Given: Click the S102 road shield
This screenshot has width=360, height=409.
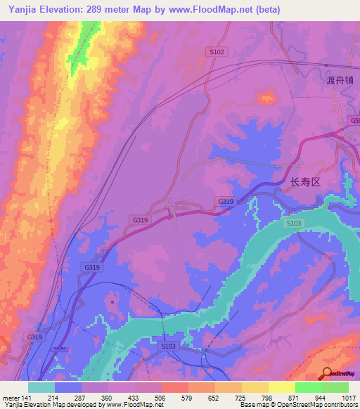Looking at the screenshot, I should point(217,51).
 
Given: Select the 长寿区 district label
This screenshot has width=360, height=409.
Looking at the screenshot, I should point(305,181).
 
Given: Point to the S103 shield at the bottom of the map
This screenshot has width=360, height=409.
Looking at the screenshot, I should point(167,346).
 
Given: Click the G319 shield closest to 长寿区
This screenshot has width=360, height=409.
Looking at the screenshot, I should point(225,202).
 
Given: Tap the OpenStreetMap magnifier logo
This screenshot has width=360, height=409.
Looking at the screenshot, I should point(326,372).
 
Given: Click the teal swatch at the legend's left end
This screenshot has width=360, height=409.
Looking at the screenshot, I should point(41,387).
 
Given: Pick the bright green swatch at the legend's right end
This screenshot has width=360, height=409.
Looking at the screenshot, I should point(335,387).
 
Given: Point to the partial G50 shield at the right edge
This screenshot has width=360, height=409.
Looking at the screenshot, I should point(354,121).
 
